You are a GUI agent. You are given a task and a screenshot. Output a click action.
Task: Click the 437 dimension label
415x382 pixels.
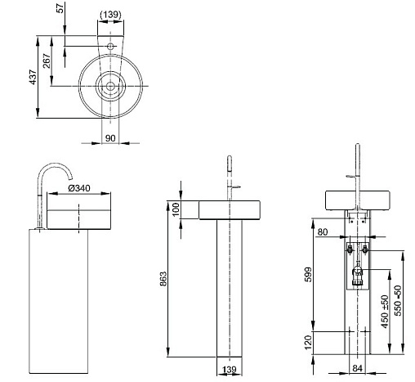coord(33,77)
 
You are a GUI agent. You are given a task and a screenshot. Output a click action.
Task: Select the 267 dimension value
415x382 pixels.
coord(47,61)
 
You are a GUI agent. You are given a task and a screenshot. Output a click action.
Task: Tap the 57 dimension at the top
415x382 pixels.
coord(60,7)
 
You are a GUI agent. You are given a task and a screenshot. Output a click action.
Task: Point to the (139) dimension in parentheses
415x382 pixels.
coord(110,15)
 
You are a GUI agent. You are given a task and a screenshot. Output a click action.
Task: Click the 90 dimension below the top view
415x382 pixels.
coord(110,138)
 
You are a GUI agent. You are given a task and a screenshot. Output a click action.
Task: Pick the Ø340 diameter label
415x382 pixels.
coord(79,188)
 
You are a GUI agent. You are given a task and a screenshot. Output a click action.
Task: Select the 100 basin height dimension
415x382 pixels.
coord(176,209)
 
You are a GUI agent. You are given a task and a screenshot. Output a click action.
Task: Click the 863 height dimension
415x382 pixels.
coord(163,279)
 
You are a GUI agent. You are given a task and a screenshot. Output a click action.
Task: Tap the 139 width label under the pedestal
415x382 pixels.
coord(230,370)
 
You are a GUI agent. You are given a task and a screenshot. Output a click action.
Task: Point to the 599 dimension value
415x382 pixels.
coord(307,275)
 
